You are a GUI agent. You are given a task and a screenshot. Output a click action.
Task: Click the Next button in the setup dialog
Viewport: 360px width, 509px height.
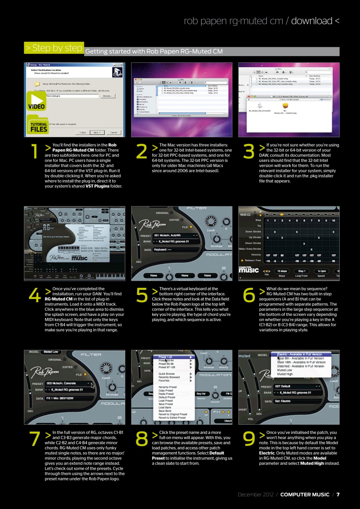point(97,132)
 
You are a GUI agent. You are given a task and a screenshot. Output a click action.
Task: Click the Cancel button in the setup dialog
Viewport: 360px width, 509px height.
point(113,132)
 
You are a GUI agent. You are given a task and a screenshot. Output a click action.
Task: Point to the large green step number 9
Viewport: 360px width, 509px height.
point(249,439)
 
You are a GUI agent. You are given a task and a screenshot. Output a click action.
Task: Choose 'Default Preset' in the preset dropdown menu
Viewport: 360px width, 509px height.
point(167,397)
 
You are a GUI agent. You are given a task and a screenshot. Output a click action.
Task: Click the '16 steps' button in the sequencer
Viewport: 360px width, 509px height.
point(281,271)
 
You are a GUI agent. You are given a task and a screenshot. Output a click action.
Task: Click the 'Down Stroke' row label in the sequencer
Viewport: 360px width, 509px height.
point(253,231)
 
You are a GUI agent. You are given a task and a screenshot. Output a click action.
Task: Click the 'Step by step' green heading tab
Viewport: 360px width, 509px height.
point(54,48)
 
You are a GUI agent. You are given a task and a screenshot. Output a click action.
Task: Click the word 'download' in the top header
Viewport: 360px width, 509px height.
point(311,21)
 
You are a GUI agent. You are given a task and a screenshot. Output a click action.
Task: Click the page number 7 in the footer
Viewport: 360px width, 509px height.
point(338,495)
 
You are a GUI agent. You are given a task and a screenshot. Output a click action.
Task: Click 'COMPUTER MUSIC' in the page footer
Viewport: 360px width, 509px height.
point(305,495)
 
